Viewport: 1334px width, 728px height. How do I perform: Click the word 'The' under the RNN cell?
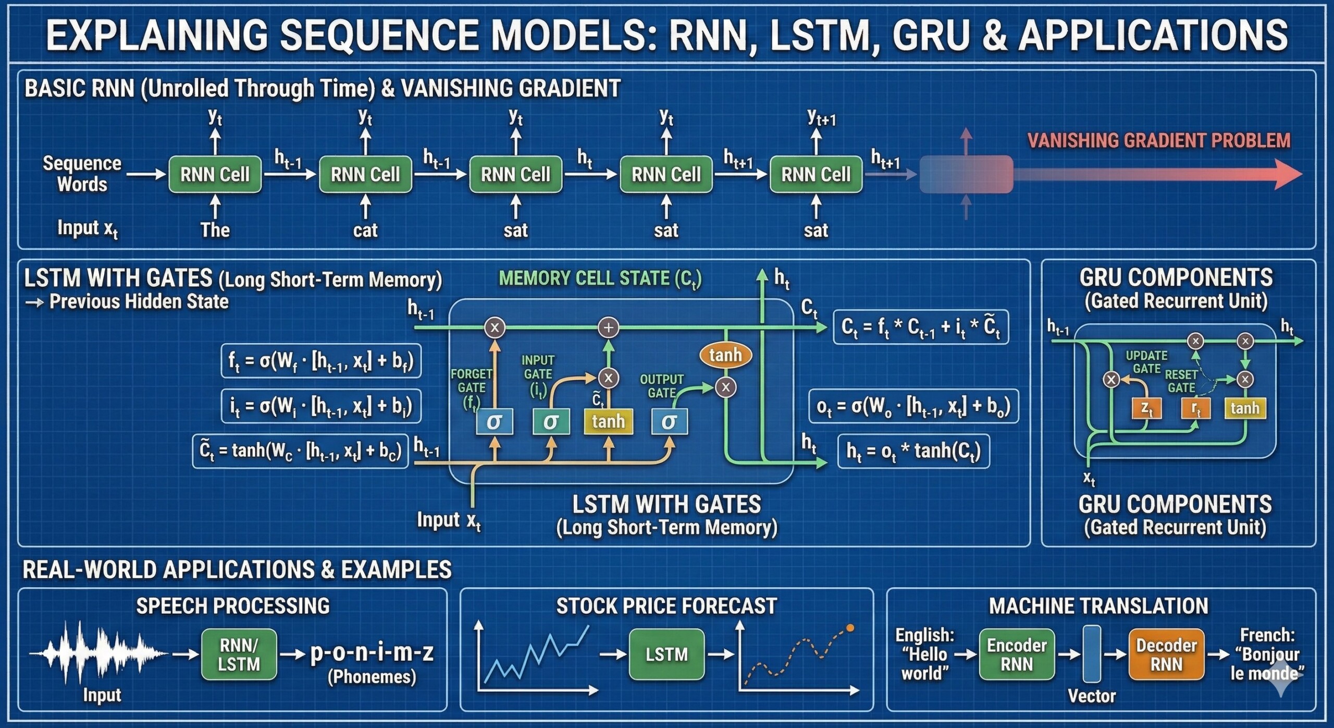215,230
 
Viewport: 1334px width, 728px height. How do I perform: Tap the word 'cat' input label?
365,230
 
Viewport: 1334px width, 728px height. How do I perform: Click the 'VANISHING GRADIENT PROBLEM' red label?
1159,140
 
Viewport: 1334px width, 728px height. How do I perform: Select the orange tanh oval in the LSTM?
725,355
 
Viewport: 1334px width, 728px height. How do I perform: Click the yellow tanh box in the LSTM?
608,421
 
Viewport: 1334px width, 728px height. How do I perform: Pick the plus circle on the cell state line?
608,327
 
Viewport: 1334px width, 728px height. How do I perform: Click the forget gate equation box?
321,360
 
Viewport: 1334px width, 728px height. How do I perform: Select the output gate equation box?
913,406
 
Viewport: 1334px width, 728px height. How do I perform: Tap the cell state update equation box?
921,327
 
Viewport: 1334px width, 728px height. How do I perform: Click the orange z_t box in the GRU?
1146,408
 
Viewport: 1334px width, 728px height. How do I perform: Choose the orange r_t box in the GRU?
1195,408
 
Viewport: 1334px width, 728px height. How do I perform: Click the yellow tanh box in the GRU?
1244,408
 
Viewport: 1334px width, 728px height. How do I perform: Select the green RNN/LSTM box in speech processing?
239,654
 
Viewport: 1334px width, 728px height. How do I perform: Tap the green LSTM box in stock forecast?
666,654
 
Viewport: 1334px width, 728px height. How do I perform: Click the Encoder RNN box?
1017,654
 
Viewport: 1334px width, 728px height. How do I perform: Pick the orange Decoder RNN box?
1166,654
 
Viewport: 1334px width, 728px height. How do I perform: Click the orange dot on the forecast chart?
850,628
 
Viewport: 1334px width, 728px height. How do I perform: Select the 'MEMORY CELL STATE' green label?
600,278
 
